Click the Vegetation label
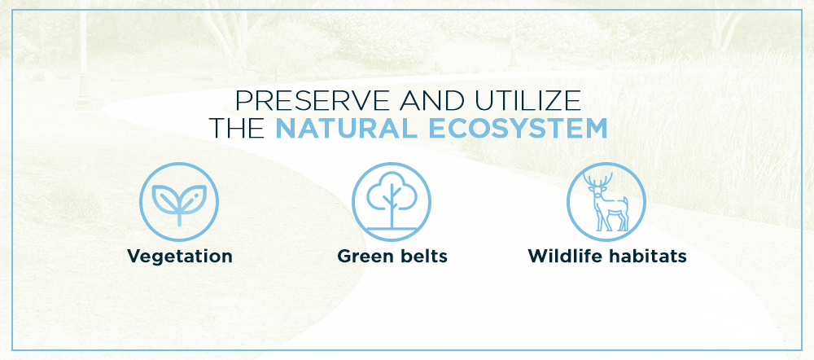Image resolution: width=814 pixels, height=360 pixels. pos(180,256)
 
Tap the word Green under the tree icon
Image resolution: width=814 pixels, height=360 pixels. pos(365,256)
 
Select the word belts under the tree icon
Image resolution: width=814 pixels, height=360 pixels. pos(422,256)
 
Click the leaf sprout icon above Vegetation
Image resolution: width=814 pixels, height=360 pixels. pos(179,202)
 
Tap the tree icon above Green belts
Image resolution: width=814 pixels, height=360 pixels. pos(392,202)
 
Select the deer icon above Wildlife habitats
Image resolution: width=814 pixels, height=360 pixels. pos(606,202)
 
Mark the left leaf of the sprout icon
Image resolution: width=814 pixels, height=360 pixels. pos(166,199)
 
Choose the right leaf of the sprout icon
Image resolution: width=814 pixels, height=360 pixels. pos(193,198)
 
